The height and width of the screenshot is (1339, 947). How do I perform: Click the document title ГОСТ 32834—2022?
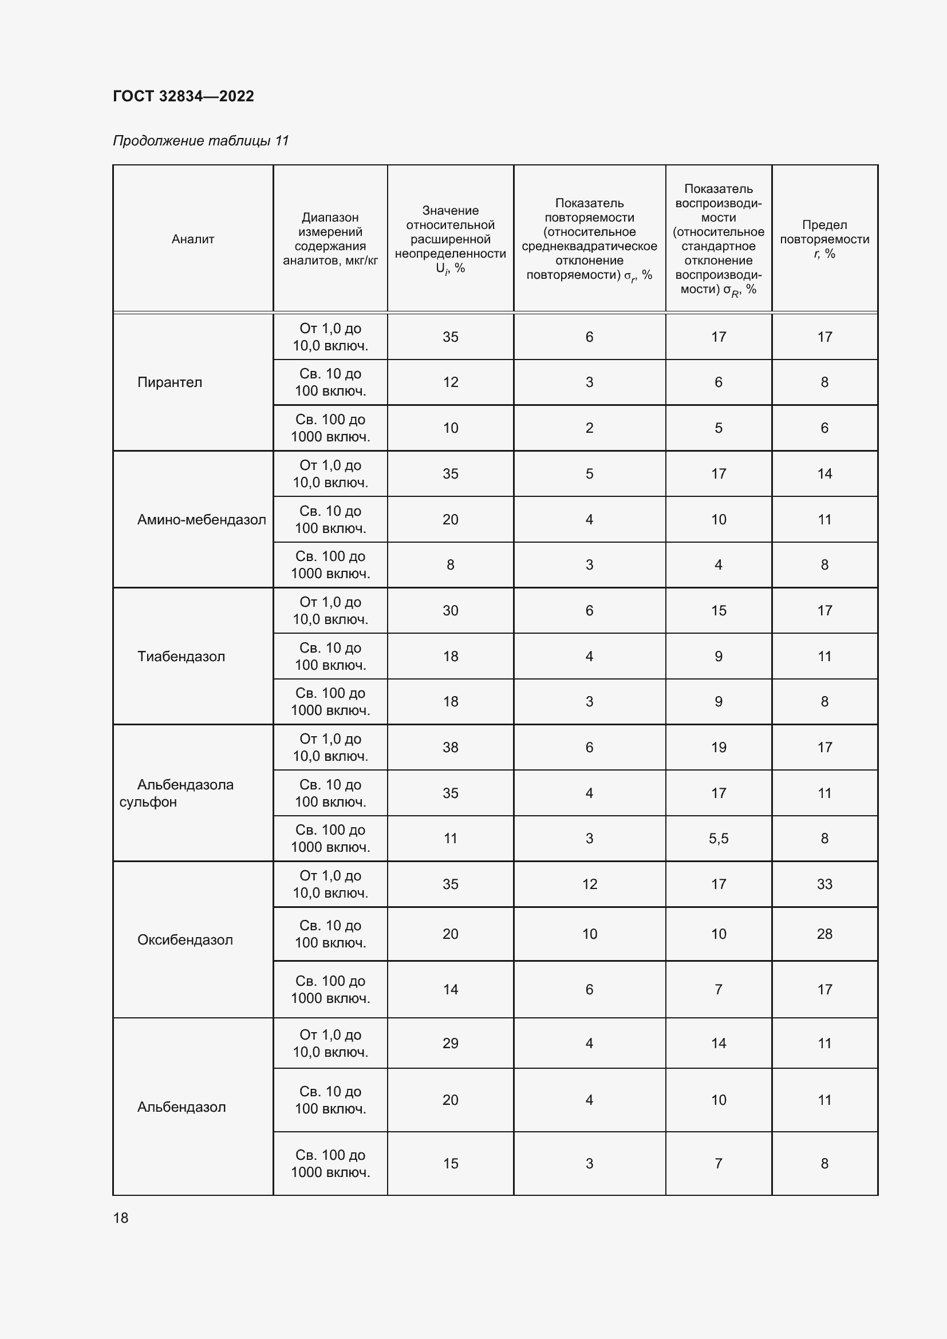[x=183, y=96]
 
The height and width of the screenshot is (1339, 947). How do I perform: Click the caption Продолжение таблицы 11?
[x=200, y=141]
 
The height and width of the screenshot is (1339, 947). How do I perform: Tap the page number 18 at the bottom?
[x=121, y=1218]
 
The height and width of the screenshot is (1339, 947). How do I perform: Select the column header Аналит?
[x=192, y=239]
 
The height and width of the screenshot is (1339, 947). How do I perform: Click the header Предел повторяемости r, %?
[x=824, y=239]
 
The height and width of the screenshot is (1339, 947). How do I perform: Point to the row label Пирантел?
[x=169, y=382]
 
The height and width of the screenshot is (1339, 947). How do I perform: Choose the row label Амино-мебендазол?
[x=201, y=520]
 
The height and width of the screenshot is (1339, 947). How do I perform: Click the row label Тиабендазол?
[x=181, y=657]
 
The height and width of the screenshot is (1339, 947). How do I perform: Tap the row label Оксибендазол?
[x=185, y=939]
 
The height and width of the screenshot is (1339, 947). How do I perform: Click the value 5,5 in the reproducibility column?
[x=719, y=839]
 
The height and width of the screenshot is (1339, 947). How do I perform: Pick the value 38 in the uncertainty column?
[x=450, y=748]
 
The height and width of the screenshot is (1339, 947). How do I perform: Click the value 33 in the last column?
[x=824, y=884]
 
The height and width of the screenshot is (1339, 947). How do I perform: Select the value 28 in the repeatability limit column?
[x=824, y=934]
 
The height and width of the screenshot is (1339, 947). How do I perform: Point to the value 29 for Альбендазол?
[x=450, y=1044]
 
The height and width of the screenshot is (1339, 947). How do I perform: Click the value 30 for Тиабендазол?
[x=450, y=611]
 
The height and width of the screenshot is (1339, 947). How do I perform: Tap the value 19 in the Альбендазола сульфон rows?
[x=719, y=748]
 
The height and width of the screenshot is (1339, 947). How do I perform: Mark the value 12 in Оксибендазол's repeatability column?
[x=589, y=884]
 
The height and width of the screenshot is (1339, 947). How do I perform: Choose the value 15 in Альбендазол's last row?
[x=450, y=1163]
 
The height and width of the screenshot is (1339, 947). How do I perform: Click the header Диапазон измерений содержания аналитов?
[x=330, y=239]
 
